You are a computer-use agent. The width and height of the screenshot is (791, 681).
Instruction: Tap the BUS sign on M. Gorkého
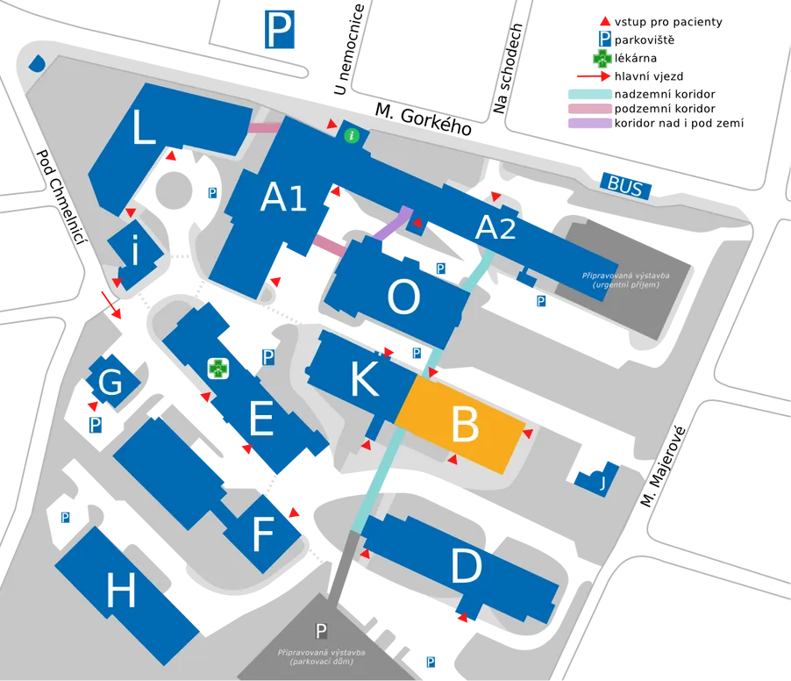625,185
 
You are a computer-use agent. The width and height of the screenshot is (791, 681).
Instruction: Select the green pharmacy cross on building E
218,369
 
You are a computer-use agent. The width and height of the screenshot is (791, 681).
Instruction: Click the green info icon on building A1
352,135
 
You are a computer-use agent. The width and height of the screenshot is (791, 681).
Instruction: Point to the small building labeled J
598,478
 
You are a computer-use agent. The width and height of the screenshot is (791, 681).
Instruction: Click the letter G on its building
110,382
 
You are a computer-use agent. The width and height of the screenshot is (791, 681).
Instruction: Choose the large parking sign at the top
280,30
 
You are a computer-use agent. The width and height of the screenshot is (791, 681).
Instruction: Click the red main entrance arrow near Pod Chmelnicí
111,305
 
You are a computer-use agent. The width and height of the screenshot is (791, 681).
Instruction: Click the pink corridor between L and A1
264,127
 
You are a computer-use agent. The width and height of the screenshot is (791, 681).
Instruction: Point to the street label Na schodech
508,68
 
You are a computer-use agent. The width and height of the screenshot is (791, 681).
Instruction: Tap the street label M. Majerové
663,466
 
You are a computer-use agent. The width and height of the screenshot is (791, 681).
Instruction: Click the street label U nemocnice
349,49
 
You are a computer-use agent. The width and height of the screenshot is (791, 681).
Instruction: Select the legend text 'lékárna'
636,58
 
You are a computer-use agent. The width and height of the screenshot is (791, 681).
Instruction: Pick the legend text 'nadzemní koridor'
665,94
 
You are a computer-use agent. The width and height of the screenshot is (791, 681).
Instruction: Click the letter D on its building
467,566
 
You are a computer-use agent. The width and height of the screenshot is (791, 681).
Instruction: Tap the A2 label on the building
495,227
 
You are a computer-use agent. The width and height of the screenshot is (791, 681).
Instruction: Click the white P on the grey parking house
321,631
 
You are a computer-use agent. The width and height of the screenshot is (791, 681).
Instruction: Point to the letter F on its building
263,534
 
